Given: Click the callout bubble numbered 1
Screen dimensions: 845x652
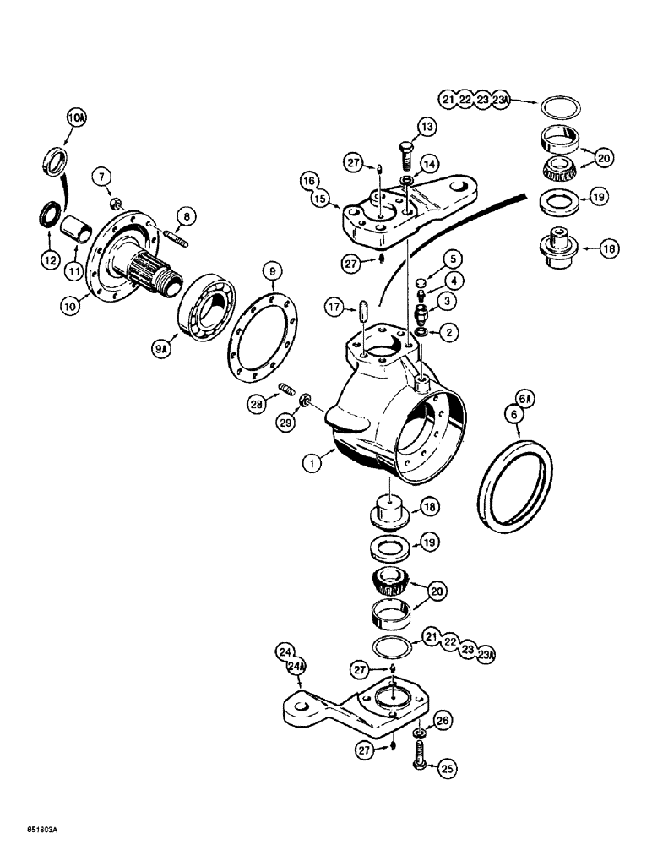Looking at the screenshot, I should tap(314, 462).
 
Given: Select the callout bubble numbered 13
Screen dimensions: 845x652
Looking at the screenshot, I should tap(428, 127).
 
